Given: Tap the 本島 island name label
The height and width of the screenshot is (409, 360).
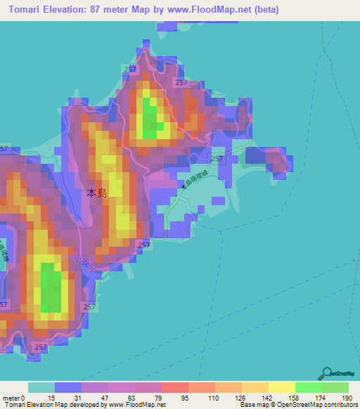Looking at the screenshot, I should coord(96,193).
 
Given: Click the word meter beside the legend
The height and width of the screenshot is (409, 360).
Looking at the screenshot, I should coord(11,398).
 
